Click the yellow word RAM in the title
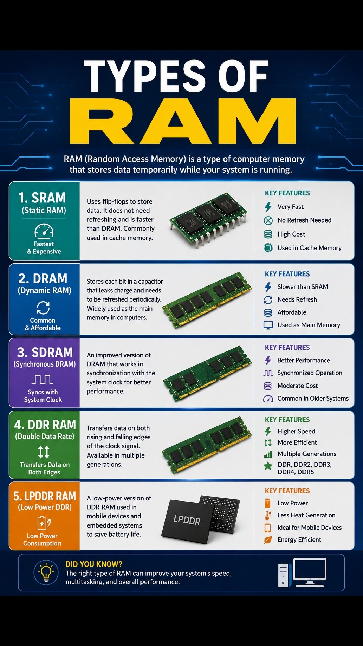click(183, 121)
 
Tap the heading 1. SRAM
click(42, 198)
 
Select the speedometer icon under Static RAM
click(44, 231)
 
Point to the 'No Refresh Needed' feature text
click(305, 220)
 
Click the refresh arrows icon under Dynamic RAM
click(43, 308)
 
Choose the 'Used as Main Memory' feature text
click(309, 325)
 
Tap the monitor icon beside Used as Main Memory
click(268, 325)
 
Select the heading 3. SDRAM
click(45, 352)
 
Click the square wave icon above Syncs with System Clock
click(42, 380)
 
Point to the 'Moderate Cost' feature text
click(297, 386)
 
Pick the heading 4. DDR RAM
click(45, 425)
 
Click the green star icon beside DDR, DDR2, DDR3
click(268, 466)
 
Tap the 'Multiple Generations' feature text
click(307, 454)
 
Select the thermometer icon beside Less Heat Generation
click(268, 515)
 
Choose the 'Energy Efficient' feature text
click(299, 540)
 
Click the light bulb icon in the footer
click(46, 572)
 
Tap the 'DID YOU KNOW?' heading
click(94, 564)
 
